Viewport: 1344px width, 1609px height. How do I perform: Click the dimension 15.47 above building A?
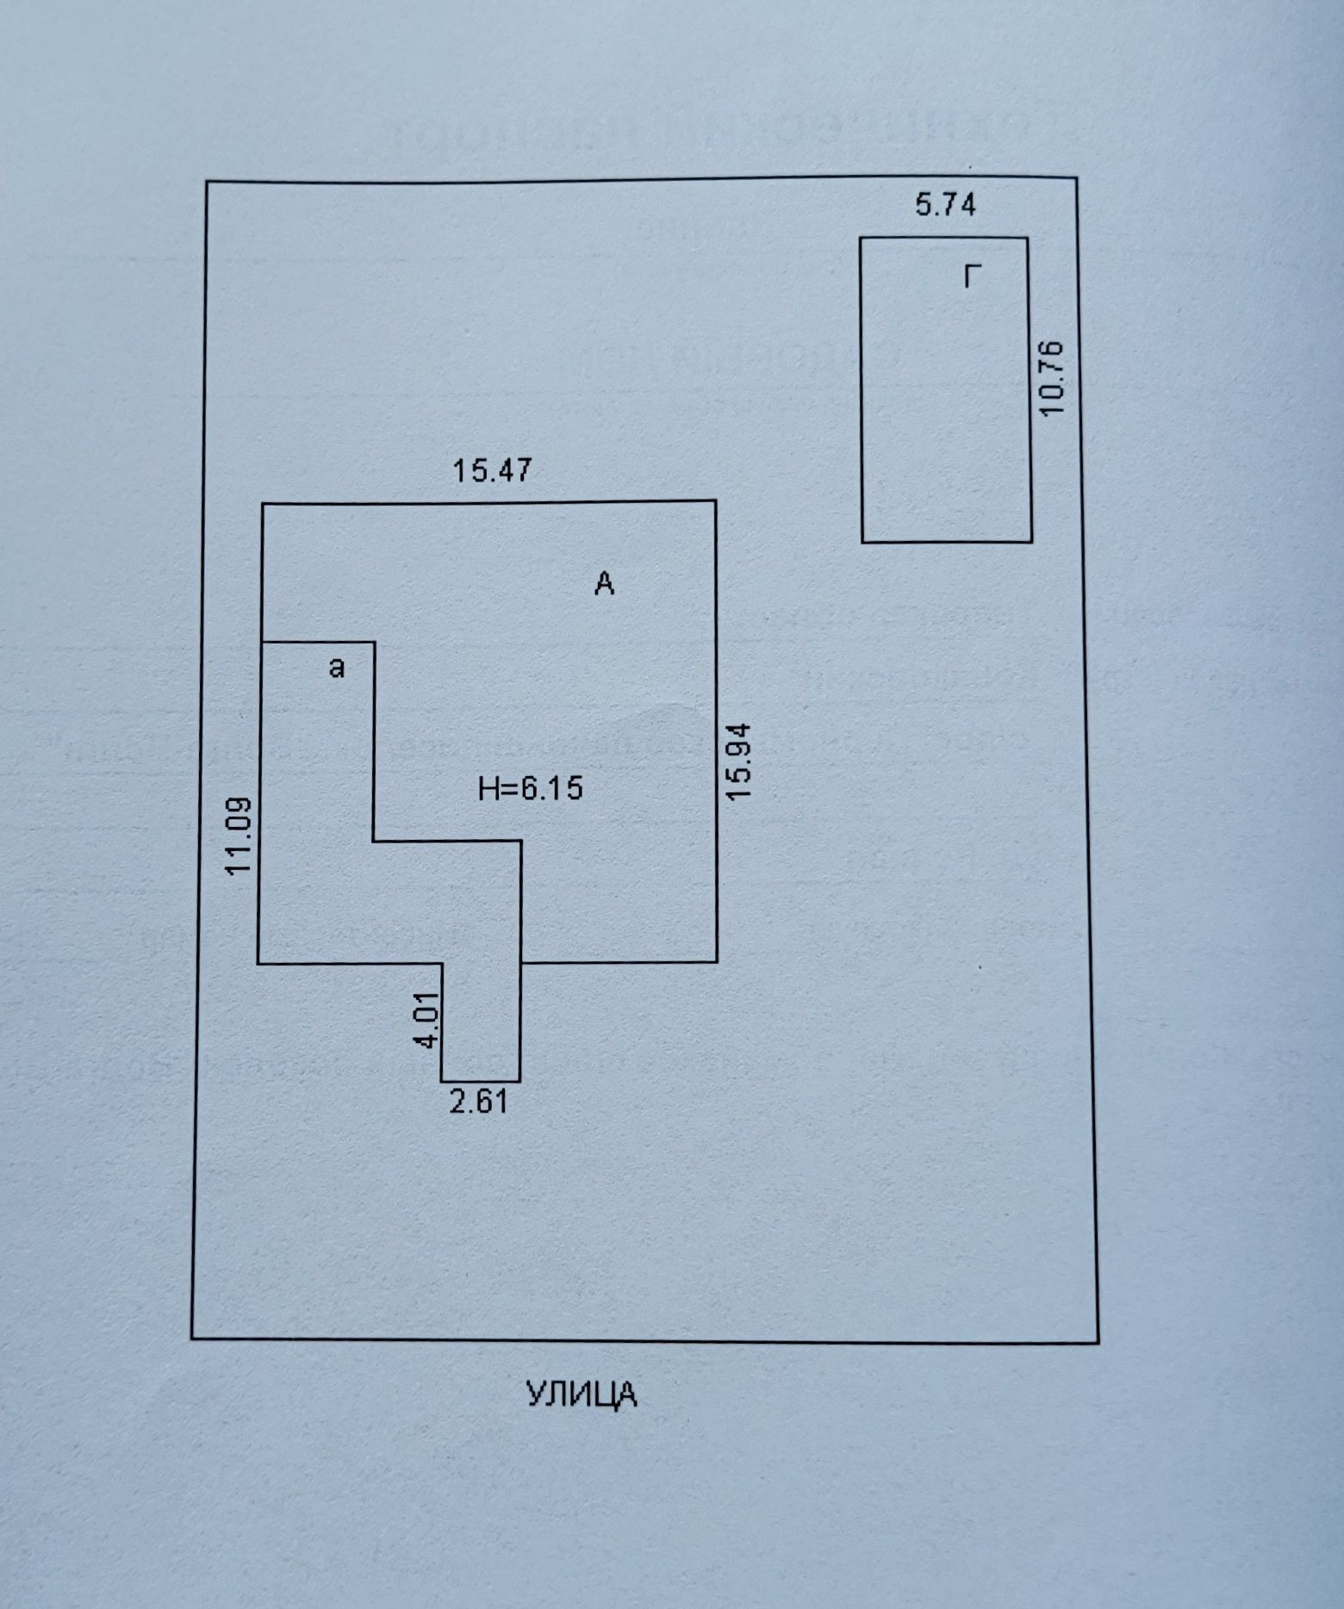493,471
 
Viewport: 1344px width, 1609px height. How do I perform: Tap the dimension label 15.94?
740,761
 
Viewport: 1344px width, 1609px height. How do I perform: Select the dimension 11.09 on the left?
239,835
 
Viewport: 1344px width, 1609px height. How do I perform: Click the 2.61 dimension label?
479,1102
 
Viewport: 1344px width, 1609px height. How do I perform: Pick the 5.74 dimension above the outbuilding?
945,206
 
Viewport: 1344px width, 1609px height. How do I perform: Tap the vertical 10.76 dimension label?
1053,377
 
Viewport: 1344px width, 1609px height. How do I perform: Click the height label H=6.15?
531,788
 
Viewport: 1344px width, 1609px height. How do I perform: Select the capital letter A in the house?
605,585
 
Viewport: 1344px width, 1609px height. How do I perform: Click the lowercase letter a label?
338,667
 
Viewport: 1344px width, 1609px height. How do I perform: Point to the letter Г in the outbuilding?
973,277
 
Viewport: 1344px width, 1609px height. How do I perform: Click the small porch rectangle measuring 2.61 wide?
481,1022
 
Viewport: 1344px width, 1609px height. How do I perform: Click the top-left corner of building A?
263,503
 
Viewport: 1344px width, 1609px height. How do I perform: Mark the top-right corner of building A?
716,500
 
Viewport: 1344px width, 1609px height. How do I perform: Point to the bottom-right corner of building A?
716,961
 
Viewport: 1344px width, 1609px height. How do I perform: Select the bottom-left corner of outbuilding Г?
862,542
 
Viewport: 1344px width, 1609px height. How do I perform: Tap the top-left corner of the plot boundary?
206,182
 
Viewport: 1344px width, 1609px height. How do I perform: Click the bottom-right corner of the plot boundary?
1098,1342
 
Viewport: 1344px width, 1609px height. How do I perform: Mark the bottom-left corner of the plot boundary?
191,1339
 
